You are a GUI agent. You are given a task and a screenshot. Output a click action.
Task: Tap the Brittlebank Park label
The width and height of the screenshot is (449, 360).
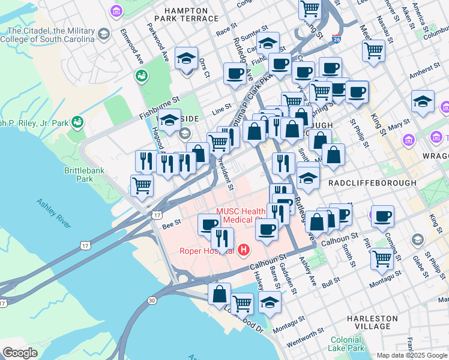point(84,175)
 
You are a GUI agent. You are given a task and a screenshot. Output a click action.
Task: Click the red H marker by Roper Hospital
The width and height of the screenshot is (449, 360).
point(244,250)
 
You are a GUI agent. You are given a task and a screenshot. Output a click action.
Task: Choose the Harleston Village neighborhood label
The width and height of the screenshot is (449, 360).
point(372,322)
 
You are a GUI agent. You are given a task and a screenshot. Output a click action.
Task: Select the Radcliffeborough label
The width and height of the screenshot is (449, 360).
point(372,182)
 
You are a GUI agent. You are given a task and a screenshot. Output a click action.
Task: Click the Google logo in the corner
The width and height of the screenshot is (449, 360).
point(20,353)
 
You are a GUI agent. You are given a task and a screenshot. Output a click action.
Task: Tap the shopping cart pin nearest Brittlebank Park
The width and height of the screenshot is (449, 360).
point(142,185)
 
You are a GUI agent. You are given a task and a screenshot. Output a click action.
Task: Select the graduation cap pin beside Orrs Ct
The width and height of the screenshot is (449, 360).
point(186,58)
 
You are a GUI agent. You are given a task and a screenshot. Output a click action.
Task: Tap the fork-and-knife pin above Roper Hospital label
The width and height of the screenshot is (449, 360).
point(223,237)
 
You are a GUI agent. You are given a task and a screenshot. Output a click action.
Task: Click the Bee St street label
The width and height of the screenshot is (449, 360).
point(171,226)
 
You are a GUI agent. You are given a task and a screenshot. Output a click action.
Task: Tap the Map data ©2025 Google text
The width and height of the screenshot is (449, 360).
point(412,355)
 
